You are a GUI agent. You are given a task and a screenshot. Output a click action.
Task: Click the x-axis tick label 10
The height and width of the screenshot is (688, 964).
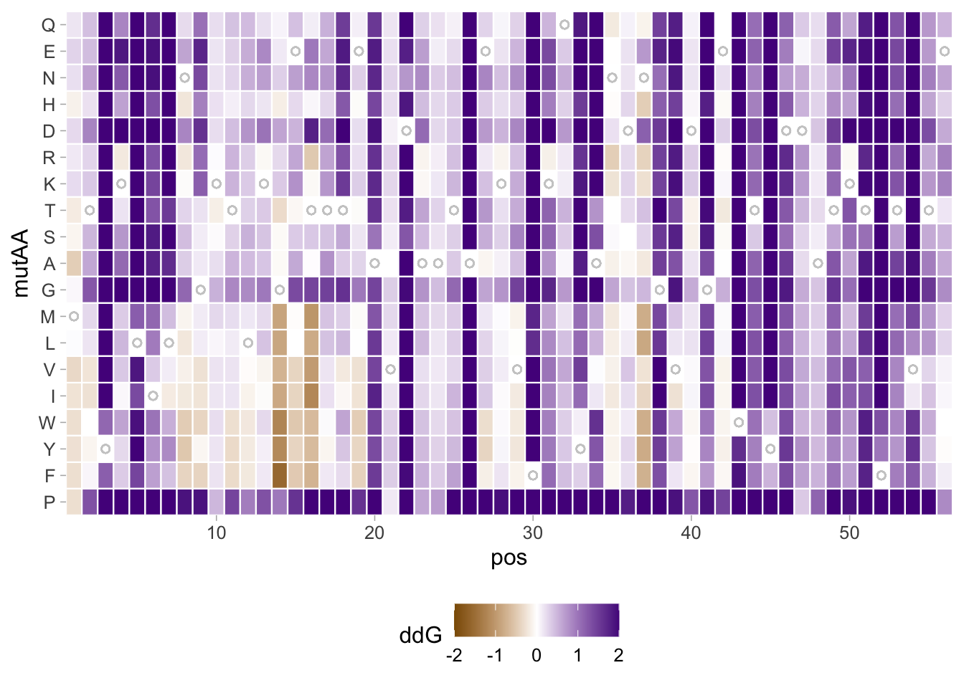[x=216, y=532]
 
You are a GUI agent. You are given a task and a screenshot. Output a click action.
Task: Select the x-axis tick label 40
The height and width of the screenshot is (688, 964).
[x=691, y=532]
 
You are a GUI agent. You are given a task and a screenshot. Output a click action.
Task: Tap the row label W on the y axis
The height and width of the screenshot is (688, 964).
[x=47, y=423]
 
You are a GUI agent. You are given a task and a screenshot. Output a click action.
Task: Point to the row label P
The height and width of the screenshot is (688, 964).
[x=49, y=502]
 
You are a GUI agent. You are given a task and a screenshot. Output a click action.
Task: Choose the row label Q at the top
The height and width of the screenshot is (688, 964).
[x=48, y=25]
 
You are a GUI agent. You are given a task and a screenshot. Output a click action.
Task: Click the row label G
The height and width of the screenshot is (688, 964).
[x=48, y=290]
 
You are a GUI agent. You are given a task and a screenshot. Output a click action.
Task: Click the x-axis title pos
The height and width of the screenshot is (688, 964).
[x=509, y=558]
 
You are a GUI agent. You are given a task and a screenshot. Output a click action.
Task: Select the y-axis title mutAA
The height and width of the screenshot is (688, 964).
[x=21, y=264]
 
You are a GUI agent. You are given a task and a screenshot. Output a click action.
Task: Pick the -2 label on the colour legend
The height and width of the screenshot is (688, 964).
[x=453, y=656]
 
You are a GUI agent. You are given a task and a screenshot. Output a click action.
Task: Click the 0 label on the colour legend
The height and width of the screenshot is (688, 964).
[x=536, y=656]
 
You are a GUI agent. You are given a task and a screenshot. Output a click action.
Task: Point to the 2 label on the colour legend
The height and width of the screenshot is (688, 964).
[x=618, y=656]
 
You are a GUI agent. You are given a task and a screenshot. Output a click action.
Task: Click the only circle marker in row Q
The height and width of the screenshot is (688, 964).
[x=564, y=25]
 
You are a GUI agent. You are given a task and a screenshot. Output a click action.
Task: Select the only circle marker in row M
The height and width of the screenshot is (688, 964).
[x=73, y=317]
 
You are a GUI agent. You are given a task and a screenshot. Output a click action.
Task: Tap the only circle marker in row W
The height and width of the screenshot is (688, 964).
[x=739, y=423]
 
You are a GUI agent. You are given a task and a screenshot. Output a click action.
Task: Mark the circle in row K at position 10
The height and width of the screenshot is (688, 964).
[x=216, y=184]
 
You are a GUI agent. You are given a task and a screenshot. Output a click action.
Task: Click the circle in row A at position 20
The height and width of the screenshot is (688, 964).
[x=374, y=264]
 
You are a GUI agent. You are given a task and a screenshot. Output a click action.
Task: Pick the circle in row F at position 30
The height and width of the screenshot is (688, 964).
[x=533, y=476]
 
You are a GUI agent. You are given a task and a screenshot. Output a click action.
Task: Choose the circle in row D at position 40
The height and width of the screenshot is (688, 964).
[x=691, y=131]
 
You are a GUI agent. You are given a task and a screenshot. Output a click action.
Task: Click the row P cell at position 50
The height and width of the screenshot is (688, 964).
[x=849, y=502]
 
